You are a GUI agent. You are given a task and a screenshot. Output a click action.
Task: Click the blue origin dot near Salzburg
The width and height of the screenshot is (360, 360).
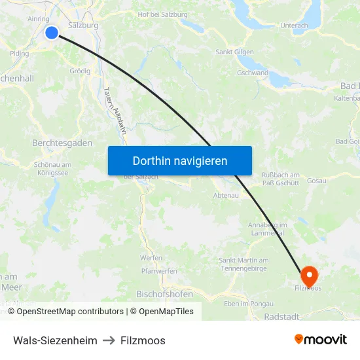(x=52, y=33)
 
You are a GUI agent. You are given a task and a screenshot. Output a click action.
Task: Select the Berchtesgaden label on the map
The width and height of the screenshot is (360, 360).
(x=62, y=143)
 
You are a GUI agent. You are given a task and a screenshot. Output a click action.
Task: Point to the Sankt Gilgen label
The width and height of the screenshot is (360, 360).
(x=234, y=52)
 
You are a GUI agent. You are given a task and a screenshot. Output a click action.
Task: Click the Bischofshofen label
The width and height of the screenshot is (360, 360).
(x=164, y=295)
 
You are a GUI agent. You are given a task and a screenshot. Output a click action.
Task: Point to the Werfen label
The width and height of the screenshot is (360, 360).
(x=152, y=258)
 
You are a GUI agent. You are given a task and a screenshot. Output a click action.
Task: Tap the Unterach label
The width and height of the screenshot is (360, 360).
(x=294, y=26)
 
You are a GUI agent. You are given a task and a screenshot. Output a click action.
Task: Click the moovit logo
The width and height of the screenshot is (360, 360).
(x=321, y=340)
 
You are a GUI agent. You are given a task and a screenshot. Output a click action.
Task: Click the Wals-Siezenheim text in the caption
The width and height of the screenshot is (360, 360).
(x=55, y=340)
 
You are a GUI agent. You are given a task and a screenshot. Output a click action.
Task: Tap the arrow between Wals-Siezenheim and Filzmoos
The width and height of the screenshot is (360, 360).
(x=109, y=340)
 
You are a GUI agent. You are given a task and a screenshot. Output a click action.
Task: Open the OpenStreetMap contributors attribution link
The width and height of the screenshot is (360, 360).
(x=70, y=312)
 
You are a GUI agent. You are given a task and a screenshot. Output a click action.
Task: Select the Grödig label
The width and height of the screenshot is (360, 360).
(x=80, y=71)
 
